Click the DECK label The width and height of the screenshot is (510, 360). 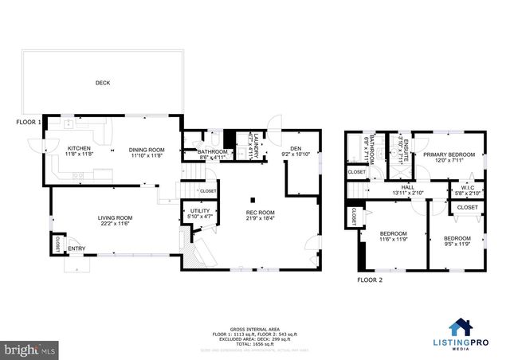(103, 83)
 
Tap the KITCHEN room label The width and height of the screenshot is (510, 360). (79, 148)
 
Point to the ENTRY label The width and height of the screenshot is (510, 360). (76, 249)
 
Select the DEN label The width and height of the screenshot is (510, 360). (296, 148)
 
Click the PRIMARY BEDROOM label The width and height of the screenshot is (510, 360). (449, 155)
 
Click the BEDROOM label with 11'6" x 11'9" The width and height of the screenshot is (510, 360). (393, 234)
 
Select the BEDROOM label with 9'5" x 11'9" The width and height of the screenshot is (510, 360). (457, 239)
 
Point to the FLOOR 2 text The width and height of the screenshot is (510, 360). (369, 280)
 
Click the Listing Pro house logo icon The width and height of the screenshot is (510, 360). (461, 327)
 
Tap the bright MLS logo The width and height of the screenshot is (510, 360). (29, 349)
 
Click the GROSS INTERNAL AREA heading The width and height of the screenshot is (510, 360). (254, 328)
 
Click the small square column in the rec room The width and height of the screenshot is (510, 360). (253, 200)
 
